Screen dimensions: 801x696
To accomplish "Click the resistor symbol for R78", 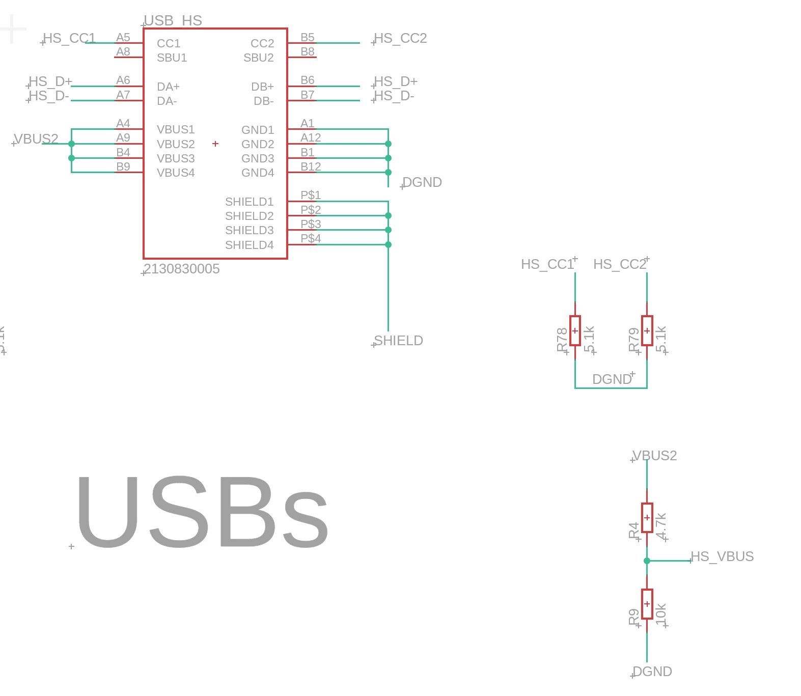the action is pos(575,330).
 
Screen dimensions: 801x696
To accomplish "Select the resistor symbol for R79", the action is pos(647,330).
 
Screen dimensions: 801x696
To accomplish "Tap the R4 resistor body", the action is pos(647,518).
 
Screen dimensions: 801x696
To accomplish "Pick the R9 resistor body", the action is pos(647,604).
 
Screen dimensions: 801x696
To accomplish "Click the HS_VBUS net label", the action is pos(722,556).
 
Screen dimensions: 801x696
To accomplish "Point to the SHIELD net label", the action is pos(398,341).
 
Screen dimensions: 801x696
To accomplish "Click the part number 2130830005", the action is pos(182,269).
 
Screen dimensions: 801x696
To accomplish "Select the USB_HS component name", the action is pos(173,21).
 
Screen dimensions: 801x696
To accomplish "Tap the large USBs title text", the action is pos(202,512).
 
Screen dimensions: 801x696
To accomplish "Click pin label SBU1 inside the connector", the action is pos(172,58).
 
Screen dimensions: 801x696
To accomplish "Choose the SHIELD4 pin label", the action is pos(250,245).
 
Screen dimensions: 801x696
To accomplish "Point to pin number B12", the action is pos(311,166).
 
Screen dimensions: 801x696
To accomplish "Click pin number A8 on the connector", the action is pos(123,51).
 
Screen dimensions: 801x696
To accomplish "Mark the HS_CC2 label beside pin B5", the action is pos(400,38).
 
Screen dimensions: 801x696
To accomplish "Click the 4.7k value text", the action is pos(661,526).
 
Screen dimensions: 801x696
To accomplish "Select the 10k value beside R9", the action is pos(661,614).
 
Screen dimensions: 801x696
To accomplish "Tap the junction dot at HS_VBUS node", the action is pos(647,561).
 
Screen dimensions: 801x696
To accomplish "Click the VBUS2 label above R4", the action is pos(655,456).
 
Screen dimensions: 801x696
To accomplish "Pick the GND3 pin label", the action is pos(258,158).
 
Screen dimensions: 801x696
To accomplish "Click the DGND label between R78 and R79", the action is pos(612,379).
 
